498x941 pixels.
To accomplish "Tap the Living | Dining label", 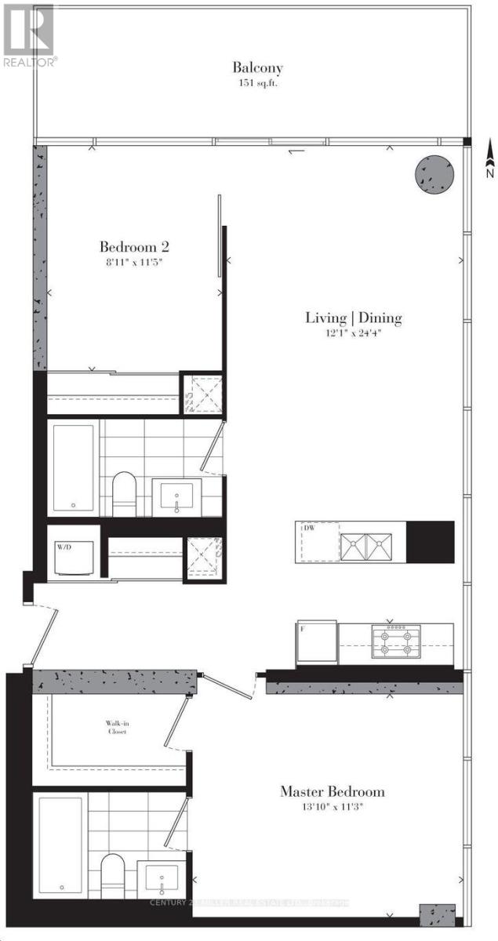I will (x=353, y=318).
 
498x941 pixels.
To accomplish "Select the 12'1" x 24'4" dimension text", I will (x=353, y=332).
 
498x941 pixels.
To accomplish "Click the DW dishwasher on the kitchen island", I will (x=318, y=542).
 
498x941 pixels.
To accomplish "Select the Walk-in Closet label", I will (x=117, y=728).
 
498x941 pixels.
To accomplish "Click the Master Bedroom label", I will (x=333, y=791).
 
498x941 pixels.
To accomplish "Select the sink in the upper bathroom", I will (x=175, y=496).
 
